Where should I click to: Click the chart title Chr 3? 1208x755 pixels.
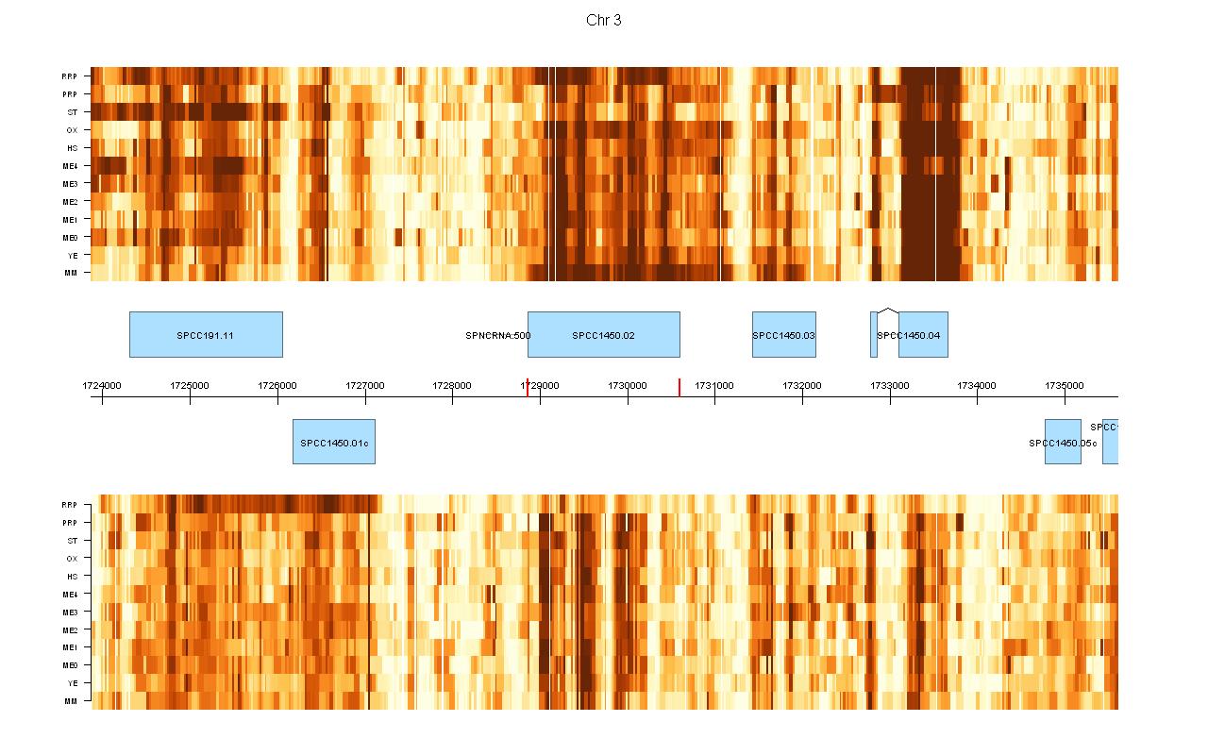click(603, 21)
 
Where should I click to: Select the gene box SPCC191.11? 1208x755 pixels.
click(206, 334)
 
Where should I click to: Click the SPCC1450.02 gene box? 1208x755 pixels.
click(603, 334)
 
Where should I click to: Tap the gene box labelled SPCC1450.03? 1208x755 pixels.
click(783, 334)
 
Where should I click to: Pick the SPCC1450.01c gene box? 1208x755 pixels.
click(333, 442)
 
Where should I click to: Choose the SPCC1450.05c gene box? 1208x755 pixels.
click(1063, 442)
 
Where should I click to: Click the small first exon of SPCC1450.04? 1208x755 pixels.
click(874, 334)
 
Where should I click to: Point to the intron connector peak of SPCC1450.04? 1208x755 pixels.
click(887, 308)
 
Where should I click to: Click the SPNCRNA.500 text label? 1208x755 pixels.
click(498, 336)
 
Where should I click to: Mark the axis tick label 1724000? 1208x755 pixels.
click(102, 385)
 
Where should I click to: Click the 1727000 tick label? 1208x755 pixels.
click(364, 385)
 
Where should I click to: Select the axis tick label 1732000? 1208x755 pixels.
click(802, 385)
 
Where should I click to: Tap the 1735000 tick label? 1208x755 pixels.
click(1065, 385)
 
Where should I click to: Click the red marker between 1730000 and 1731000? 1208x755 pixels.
click(679, 387)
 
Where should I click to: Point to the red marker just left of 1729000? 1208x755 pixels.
click(527, 387)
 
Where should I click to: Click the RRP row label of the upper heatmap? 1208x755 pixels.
click(70, 76)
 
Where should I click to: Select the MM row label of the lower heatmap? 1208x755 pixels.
click(71, 701)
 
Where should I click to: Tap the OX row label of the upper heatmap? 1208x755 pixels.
click(72, 130)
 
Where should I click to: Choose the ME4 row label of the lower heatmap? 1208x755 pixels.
click(70, 595)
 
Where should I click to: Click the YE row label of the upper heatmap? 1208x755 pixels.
click(72, 256)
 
